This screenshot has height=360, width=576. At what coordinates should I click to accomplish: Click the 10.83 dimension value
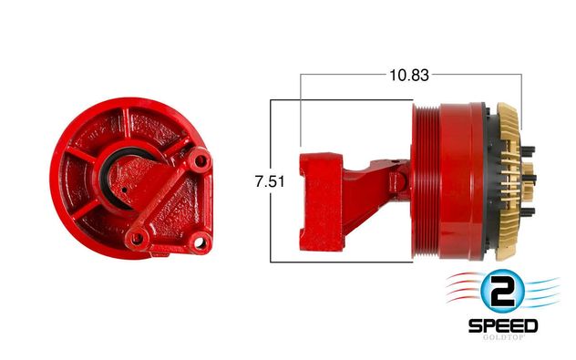click(409, 76)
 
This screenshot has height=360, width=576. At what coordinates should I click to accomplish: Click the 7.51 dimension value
click(270, 181)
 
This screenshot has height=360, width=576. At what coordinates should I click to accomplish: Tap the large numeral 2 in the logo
click(502, 291)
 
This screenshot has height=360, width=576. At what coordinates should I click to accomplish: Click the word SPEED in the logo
click(503, 326)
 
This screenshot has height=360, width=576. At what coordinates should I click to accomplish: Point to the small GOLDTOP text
click(503, 337)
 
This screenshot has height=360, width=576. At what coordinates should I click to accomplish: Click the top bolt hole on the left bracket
click(201, 160)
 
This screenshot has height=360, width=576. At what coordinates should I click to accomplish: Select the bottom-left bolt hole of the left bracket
click(137, 239)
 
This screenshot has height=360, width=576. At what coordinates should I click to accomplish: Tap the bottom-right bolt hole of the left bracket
click(199, 242)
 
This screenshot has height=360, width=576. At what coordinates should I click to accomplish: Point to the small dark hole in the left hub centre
click(125, 190)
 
